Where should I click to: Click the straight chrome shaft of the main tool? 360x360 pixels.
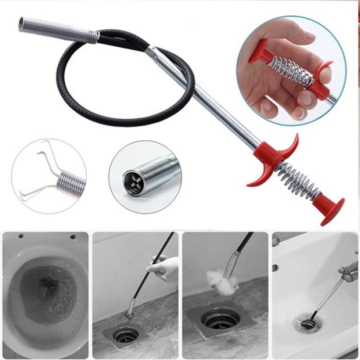click(x=216, y=103)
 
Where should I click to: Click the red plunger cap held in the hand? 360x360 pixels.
click(x=260, y=51)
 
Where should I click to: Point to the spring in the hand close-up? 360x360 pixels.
click(x=291, y=69)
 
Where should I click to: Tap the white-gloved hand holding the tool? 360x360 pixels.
click(x=165, y=267)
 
